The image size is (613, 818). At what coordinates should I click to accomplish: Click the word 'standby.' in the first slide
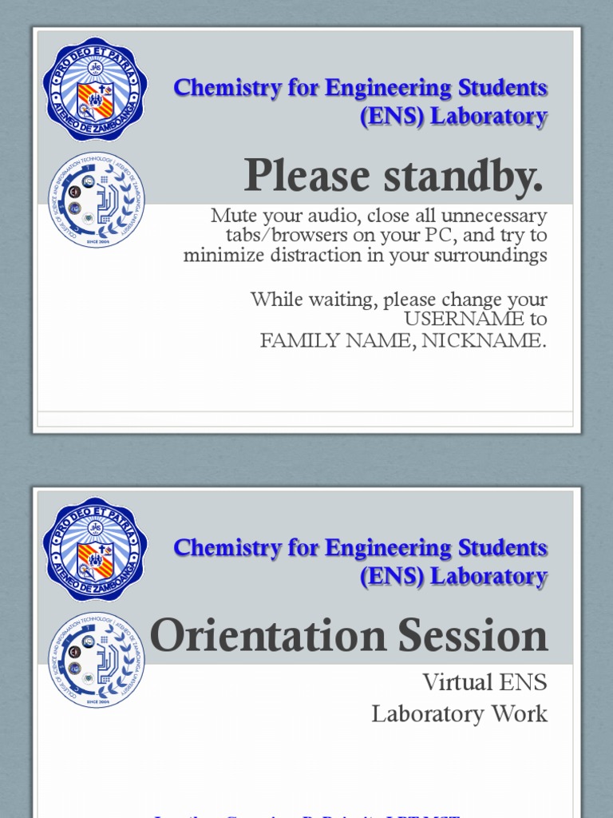coord(464,176)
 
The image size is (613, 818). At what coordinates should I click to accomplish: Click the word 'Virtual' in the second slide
coord(457,682)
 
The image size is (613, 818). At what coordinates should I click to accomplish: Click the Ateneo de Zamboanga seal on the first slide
coord(95,94)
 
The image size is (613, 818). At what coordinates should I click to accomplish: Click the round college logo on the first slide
coord(97,201)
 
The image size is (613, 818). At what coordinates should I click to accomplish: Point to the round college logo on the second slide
coord(97,661)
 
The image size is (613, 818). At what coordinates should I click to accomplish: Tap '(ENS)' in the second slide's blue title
coord(393,577)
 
